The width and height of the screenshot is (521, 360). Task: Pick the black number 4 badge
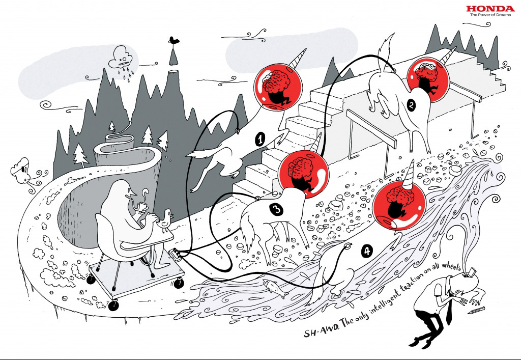pos(366,251)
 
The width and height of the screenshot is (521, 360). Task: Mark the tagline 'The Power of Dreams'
pos(483,15)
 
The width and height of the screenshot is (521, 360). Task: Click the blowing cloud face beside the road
pos(21,171)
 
